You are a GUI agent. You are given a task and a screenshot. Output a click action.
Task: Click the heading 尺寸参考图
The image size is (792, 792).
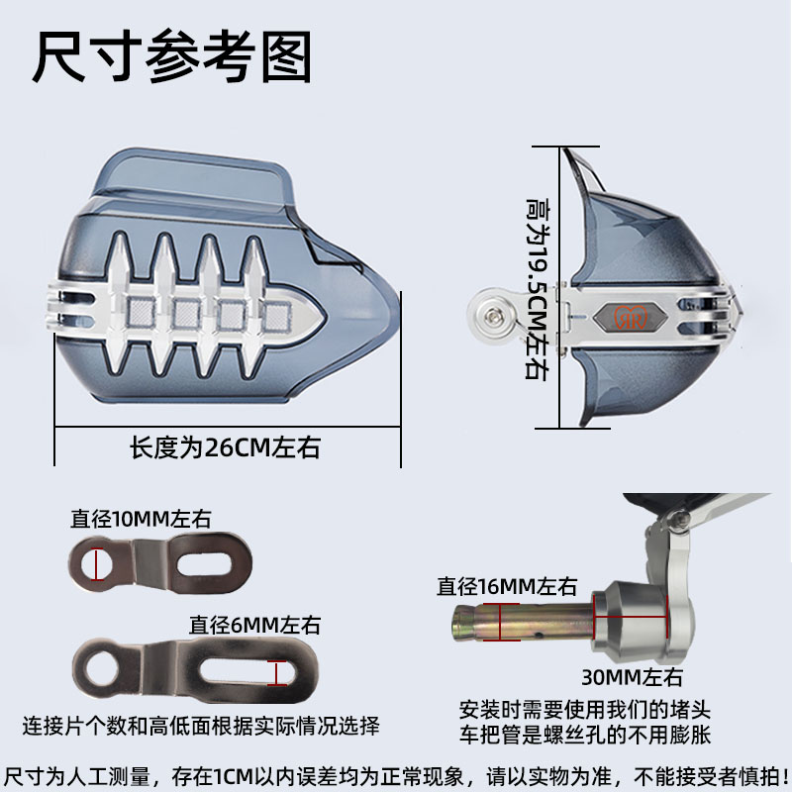coord(172,56)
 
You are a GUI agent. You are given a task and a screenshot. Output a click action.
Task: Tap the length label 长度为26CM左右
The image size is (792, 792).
coord(226,447)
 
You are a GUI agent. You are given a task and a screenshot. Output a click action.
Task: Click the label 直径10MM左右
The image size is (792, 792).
coord(141,518)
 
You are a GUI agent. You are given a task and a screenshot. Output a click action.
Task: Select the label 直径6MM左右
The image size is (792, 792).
coord(255,625)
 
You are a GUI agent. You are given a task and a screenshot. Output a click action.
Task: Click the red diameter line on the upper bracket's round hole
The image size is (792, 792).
coord(96,565)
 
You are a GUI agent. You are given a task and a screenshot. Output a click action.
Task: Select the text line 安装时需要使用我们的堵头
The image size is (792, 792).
coord(586,710)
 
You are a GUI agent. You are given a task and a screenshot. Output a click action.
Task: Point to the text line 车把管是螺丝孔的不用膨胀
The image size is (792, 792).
coord(586,736)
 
